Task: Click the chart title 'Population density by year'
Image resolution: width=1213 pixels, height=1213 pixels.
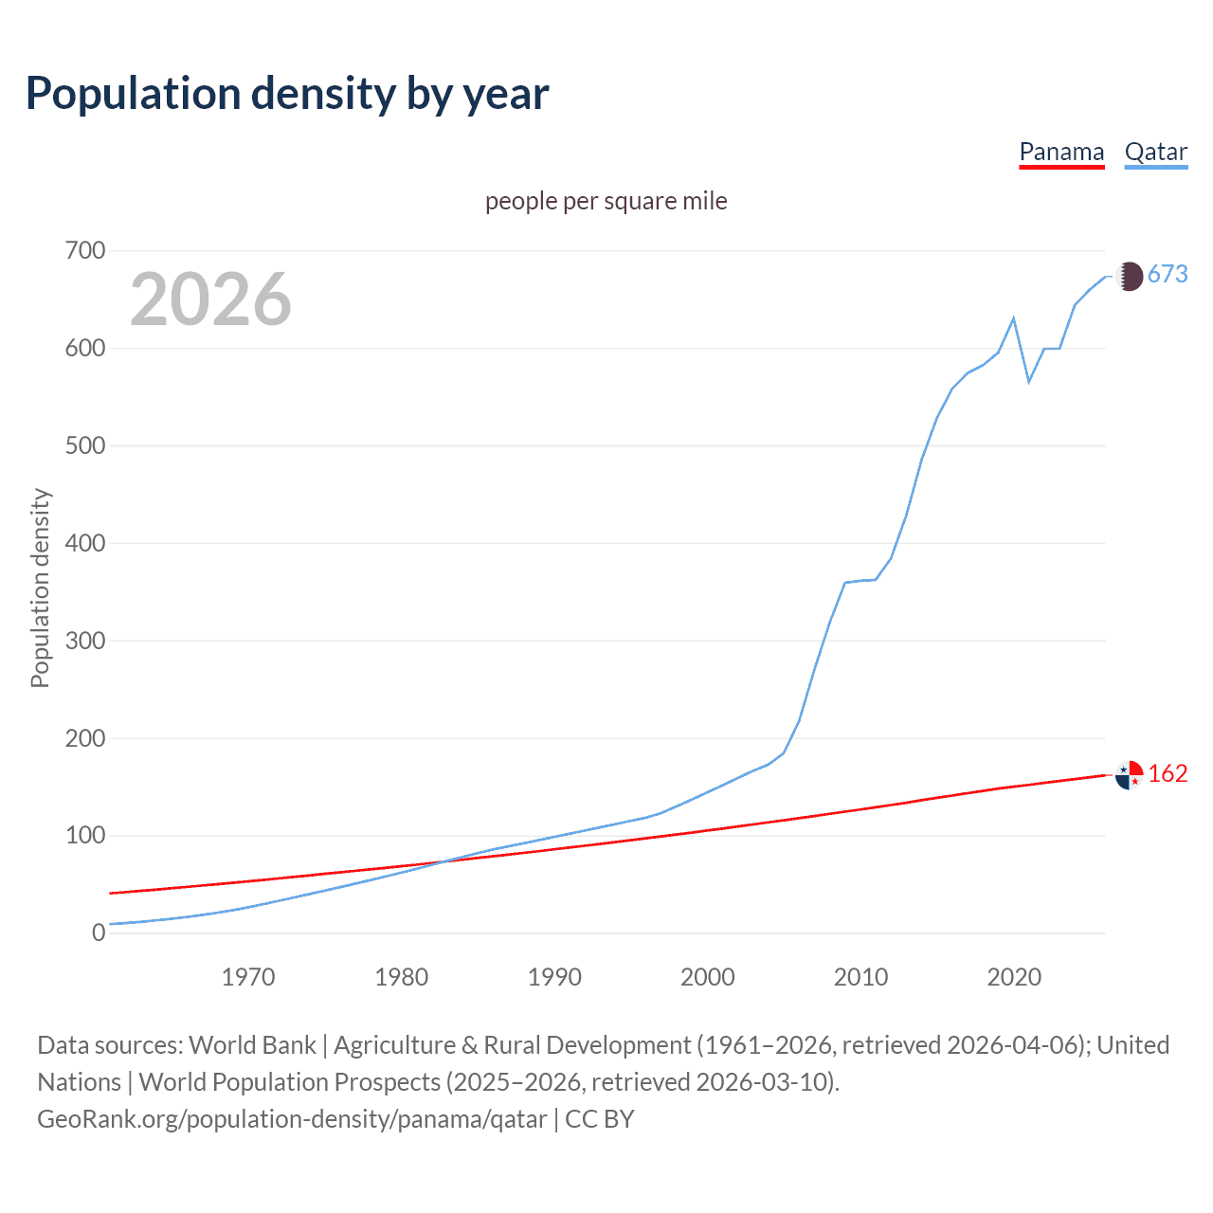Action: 287,94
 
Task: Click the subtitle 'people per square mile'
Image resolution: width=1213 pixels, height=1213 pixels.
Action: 606,201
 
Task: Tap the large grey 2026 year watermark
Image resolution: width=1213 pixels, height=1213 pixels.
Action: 210,299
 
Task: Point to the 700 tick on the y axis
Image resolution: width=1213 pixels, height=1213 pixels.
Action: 85,251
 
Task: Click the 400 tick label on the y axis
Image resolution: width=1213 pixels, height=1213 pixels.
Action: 85,543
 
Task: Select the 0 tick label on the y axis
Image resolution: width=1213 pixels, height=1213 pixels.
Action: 99,933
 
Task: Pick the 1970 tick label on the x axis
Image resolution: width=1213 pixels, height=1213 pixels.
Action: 248,977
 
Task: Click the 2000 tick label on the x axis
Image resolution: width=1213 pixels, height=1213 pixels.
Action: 707,977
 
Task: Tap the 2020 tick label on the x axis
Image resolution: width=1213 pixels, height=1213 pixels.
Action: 1014,977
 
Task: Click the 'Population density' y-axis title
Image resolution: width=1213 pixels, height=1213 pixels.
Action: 40,588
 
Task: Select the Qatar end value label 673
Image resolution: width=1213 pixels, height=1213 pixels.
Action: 1168,275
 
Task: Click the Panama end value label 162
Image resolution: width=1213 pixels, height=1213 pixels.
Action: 1168,774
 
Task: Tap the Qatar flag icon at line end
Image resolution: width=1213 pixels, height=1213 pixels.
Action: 1129,276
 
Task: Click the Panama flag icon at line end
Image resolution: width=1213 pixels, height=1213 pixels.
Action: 1129,775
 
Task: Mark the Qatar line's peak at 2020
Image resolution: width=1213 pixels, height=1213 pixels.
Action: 1014,318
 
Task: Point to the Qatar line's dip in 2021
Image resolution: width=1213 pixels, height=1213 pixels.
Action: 1029,382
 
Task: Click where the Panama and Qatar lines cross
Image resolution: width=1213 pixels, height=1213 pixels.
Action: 443,861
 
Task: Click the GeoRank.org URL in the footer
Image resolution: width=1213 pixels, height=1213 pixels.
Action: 292,1119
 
